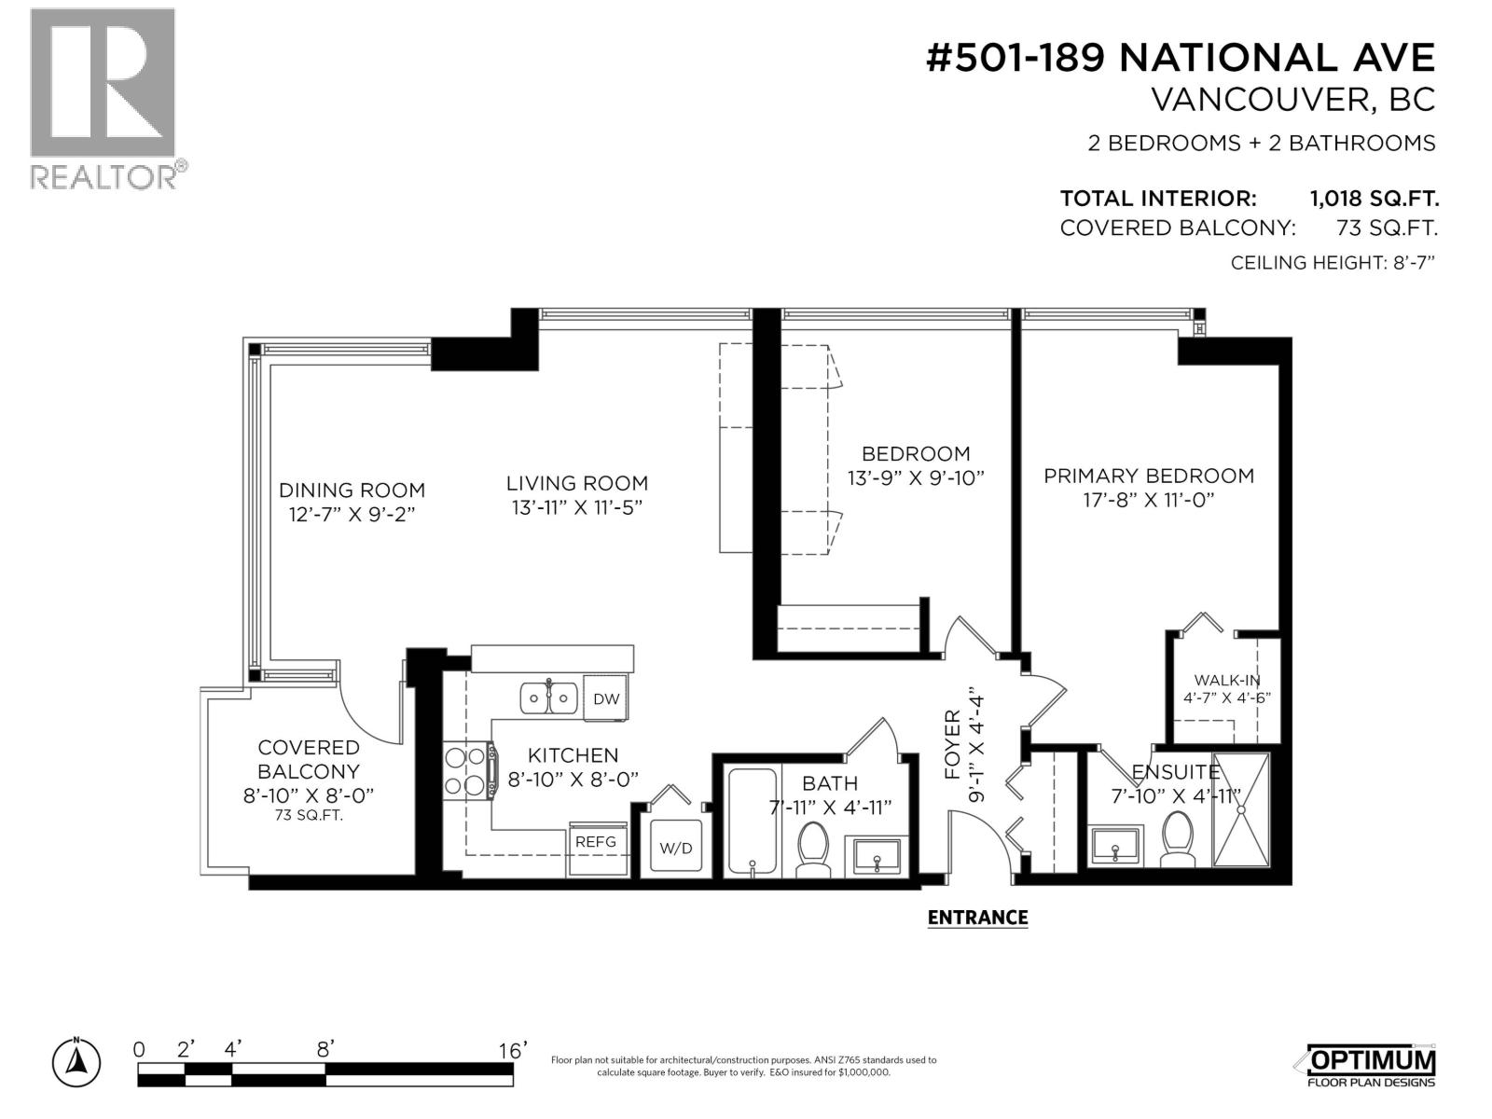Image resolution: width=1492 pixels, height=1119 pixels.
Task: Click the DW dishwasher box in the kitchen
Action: click(x=605, y=699)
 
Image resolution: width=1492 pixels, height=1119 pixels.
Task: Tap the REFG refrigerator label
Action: click(x=596, y=842)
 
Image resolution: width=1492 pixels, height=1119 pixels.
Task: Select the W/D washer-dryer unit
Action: click(x=676, y=848)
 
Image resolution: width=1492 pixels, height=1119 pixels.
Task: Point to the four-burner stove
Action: click(x=468, y=770)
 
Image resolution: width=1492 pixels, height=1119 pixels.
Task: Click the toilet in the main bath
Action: click(x=813, y=850)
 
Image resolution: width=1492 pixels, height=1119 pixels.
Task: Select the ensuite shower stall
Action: click(x=1241, y=809)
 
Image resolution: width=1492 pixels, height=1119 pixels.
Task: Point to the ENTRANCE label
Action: click(x=977, y=918)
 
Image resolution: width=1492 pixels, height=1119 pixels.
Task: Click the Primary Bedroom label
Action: click(x=1148, y=476)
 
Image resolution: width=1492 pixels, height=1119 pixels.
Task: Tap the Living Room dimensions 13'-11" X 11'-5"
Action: click(x=577, y=507)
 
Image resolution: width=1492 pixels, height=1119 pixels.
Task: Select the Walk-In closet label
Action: click(x=1227, y=681)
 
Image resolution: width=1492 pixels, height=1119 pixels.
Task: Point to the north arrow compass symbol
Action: click(x=76, y=1060)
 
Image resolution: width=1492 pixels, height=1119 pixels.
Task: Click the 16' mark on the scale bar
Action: click(x=512, y=1050)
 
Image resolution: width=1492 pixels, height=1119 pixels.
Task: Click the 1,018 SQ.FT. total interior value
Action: click(x=1374, y=199)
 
